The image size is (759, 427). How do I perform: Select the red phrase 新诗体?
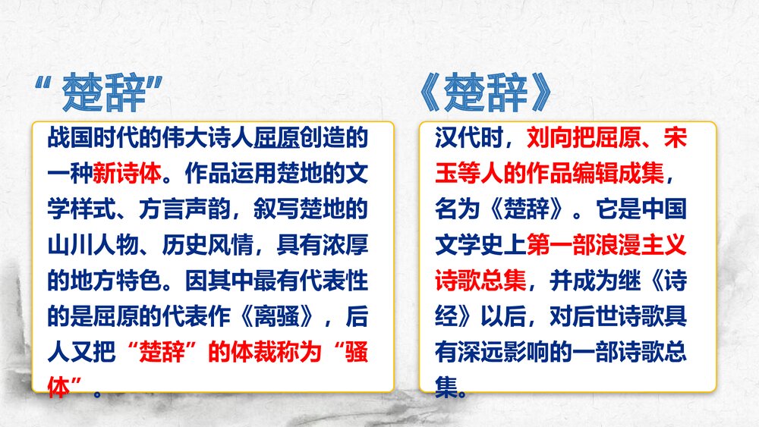tap(126, 173)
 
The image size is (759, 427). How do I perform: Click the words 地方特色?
tap(117, 281)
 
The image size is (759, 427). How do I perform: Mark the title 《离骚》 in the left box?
tap(282, 316)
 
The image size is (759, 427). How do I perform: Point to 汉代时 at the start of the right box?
tap(461, 138)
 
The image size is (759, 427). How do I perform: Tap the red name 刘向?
tap(541, 138)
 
